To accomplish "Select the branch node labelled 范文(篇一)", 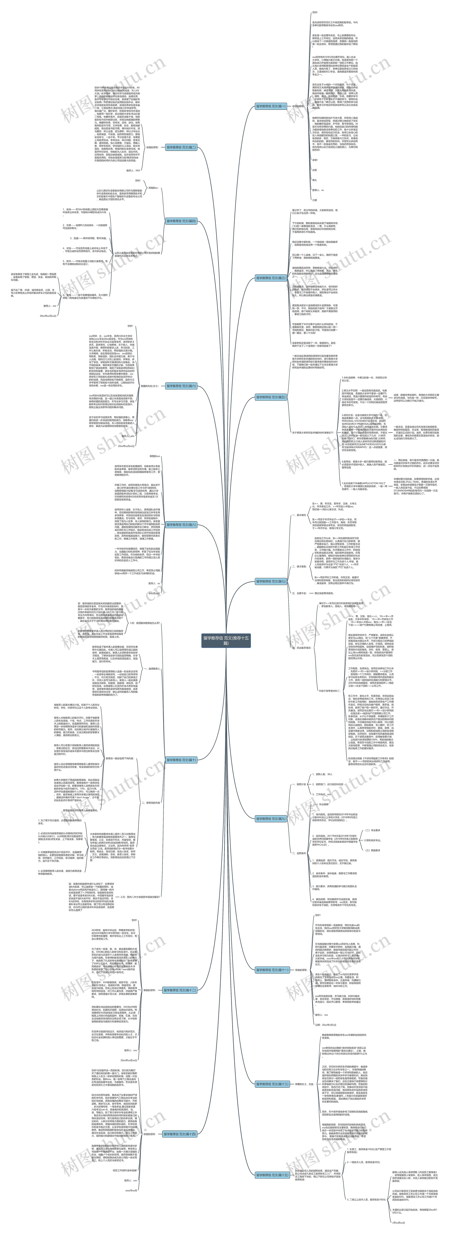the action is (272, 106).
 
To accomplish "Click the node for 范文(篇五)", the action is (272, 397).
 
